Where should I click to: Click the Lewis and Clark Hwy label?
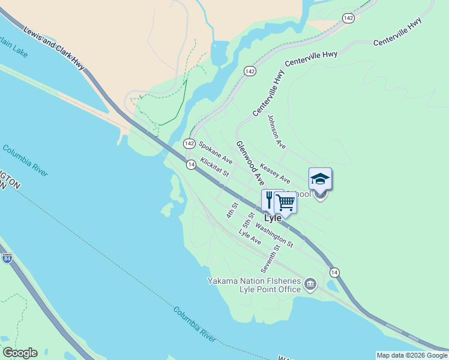coord(55,48)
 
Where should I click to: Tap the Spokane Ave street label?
coord(215,153)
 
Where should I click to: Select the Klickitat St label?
coord(215,167)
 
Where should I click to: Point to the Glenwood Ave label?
coord(250,163)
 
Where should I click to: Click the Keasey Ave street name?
coord(275,172)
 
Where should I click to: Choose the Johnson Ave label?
coord(277,132)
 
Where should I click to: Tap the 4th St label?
coord(232,210)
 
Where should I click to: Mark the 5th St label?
coord(249,220)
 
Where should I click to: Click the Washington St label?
coord(274,235)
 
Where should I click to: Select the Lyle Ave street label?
coord(250,236)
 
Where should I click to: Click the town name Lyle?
coord(273,218)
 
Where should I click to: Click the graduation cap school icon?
coord(320,178)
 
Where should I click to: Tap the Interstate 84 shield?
coord(7,259)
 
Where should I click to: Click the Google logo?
coord(20,353)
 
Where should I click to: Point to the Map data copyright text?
coord(412,355)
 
